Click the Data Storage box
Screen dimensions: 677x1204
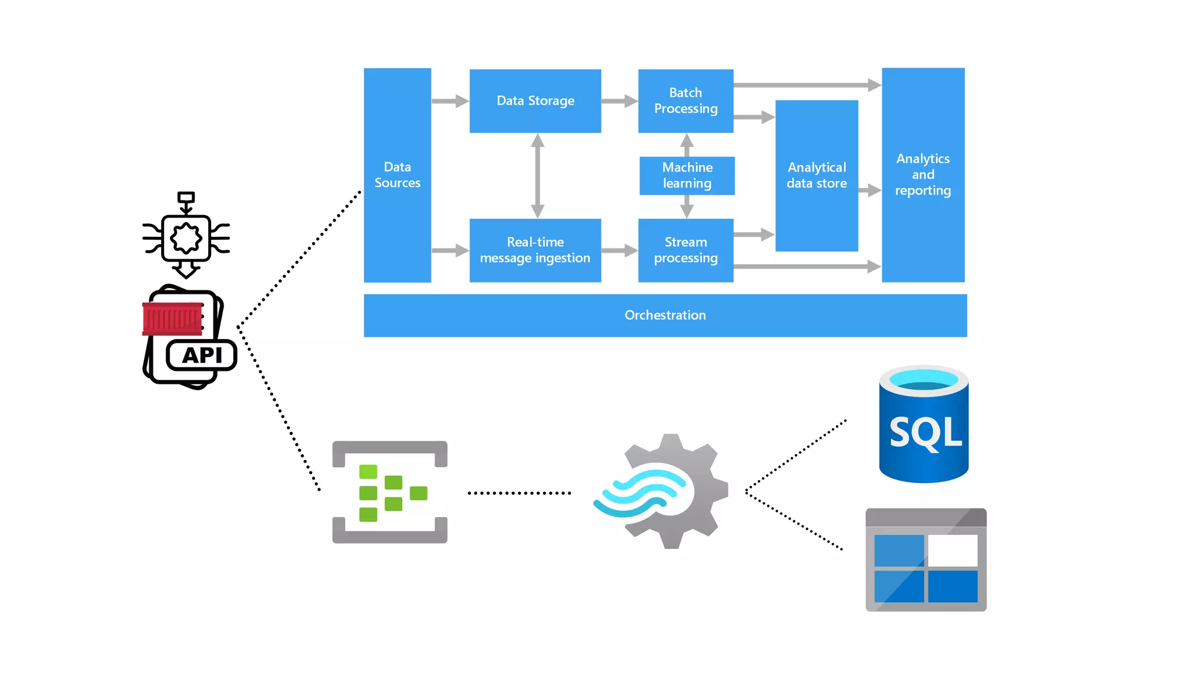point(535,101)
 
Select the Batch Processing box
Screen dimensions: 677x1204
point(685,101)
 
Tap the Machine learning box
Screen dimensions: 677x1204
point(687,175)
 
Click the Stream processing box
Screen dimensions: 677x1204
point(685,250)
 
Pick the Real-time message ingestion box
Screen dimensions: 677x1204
point(535,250)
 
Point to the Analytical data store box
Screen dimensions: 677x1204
point(817,175)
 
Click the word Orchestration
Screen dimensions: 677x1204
point(665,316)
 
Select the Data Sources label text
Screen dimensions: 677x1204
point(397,175)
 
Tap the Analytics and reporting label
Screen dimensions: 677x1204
point(922,175)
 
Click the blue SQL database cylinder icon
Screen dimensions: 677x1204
point(924,424)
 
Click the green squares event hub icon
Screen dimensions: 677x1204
point(390,492)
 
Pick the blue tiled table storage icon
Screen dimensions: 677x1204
point(925,560)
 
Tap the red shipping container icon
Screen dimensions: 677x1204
point(172,319)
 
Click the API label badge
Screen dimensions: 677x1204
point(202,356)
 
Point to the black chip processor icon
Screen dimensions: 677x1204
point(186,237)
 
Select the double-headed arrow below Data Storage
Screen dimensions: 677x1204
point(537,176)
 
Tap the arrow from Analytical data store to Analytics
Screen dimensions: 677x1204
point(869,190)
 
